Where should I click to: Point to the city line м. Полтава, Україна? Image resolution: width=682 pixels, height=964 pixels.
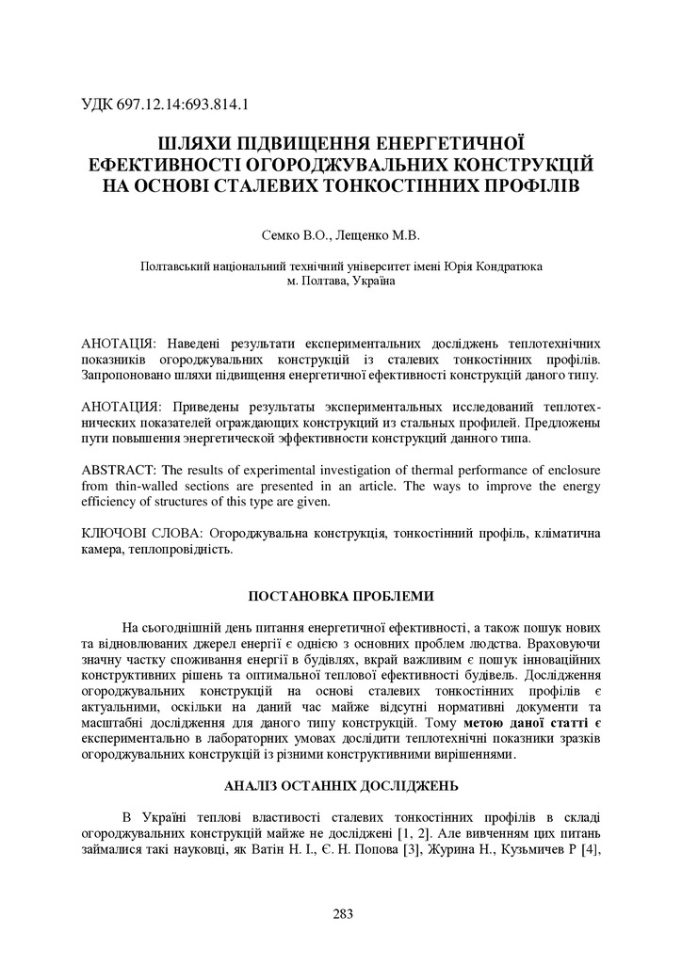pos(341,281)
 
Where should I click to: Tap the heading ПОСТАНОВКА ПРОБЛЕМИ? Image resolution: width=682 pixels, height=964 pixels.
pos(341,596)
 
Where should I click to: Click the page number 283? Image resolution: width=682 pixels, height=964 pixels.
pos(341,912)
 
